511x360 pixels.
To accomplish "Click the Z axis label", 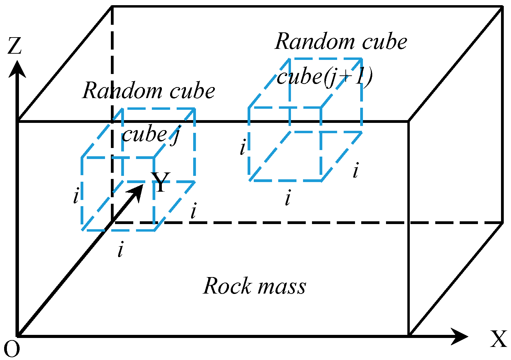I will point(14,46).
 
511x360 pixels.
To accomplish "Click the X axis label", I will point(498,339).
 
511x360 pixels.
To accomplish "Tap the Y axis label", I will point(161,182).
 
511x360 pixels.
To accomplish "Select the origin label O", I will point(12,349).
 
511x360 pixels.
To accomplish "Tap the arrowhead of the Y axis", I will point(137,191).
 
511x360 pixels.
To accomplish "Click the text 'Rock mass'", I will point(254,286).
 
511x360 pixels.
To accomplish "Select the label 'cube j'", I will point(151,134).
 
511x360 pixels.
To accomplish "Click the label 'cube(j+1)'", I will point(324,77).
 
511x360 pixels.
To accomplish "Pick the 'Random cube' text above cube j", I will point(149,91).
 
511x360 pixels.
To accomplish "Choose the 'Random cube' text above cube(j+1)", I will point(341,42).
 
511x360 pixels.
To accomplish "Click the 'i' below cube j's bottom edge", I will point(120,250).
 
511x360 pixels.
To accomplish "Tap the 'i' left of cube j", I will point(76,196).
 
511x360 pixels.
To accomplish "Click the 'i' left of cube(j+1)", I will point(243,148).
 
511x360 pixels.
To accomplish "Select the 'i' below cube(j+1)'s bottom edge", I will point(288,198).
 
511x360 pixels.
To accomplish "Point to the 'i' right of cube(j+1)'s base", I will point(356,171).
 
